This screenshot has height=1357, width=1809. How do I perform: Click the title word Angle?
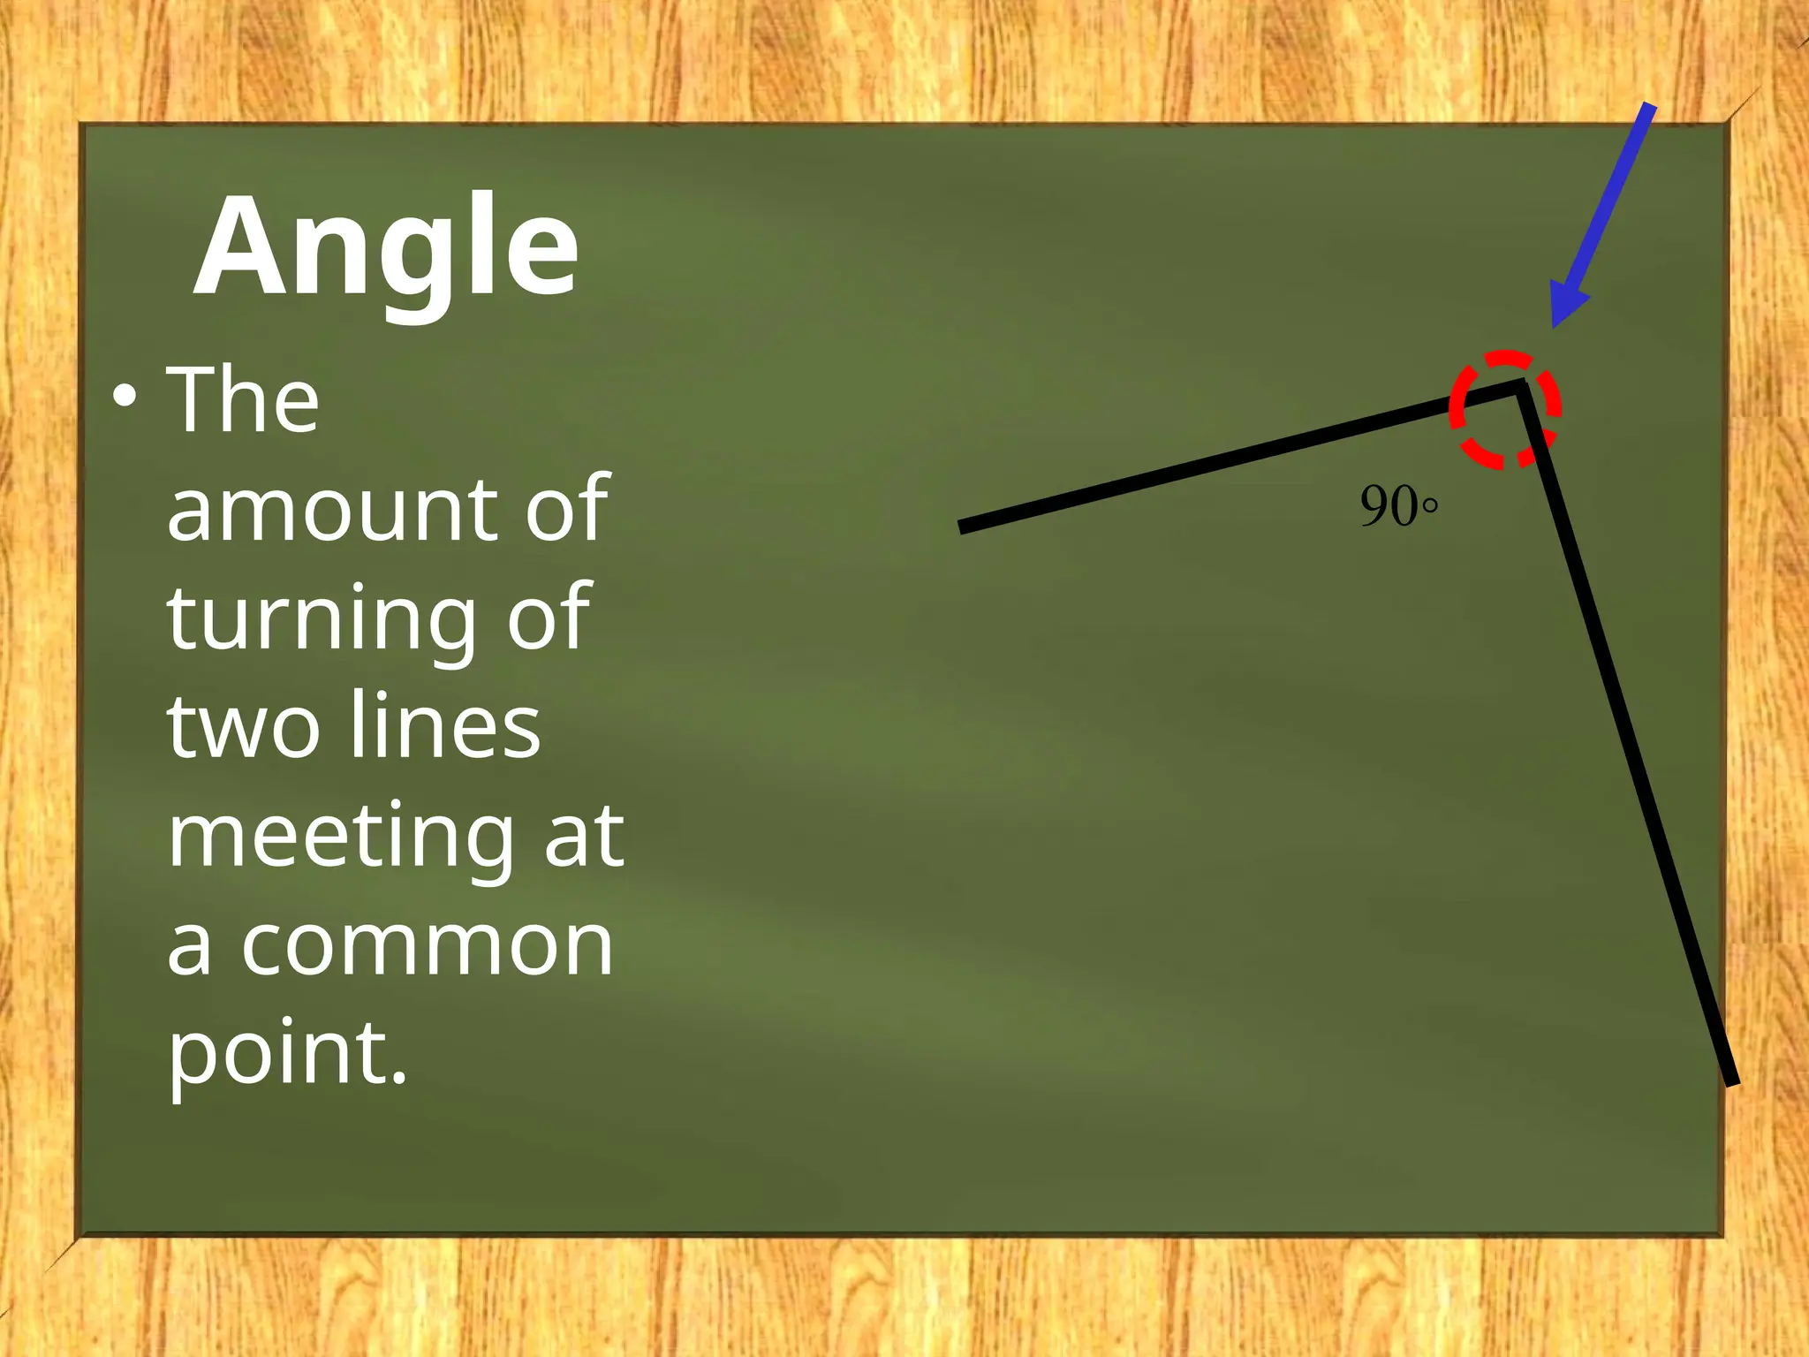click(386, 247)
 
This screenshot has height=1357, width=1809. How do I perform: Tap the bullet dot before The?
click(125, 397)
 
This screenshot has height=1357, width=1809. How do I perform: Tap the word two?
click(243, 727)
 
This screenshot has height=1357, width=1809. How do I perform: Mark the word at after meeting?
click(584, 836)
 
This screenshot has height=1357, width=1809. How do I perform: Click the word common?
click(428, 945)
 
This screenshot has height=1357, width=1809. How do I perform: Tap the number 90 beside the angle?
click(1389, 506)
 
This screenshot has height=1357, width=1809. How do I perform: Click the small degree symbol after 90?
click(1430, 506)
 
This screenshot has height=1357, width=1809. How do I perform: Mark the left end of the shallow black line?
click(963, 527)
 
